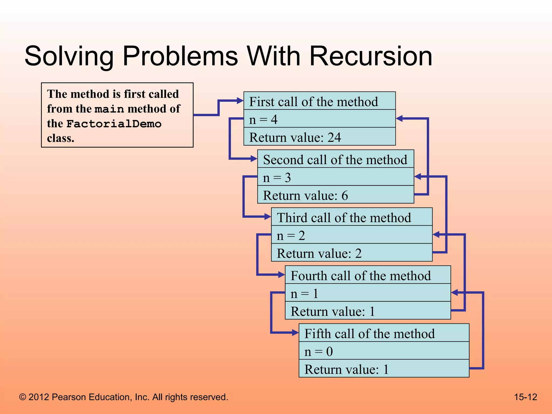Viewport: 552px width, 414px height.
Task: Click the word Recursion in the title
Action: (x=371, y=56)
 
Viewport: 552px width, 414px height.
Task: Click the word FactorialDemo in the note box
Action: (x=114, y=124)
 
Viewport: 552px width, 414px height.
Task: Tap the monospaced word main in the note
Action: (x=109, y=109)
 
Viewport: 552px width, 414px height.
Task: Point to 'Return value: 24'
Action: (x=295, y=137)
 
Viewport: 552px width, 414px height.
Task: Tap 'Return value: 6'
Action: (x=305, y=195)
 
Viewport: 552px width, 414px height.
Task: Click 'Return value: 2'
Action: (x=319, y=253)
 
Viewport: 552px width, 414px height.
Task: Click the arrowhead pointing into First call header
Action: (x=240, y=101)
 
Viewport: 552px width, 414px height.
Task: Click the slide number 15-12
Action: (x=525, y=397)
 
